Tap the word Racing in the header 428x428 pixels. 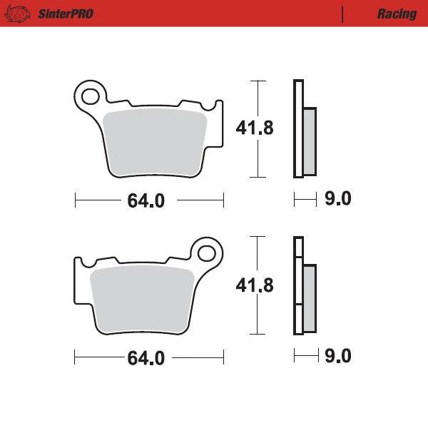click(397, 14)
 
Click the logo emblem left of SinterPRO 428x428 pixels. click(20, 14)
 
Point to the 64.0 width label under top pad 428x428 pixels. click(146, 201)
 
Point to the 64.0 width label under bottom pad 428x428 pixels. click(146, 357)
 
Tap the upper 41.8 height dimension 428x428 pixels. click(255, 128)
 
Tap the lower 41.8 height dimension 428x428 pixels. click(255, 285)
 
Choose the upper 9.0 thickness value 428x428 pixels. click(337, 199)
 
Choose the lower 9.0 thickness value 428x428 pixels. click(337, 355)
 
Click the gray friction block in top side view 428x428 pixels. click(310, 141)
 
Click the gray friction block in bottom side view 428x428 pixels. click(310, 297)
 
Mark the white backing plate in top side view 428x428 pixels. click(298, 128)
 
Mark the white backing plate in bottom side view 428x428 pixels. click(298, 285)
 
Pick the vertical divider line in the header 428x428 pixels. click(343, 14)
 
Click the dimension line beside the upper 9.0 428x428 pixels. click(305, 200)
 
